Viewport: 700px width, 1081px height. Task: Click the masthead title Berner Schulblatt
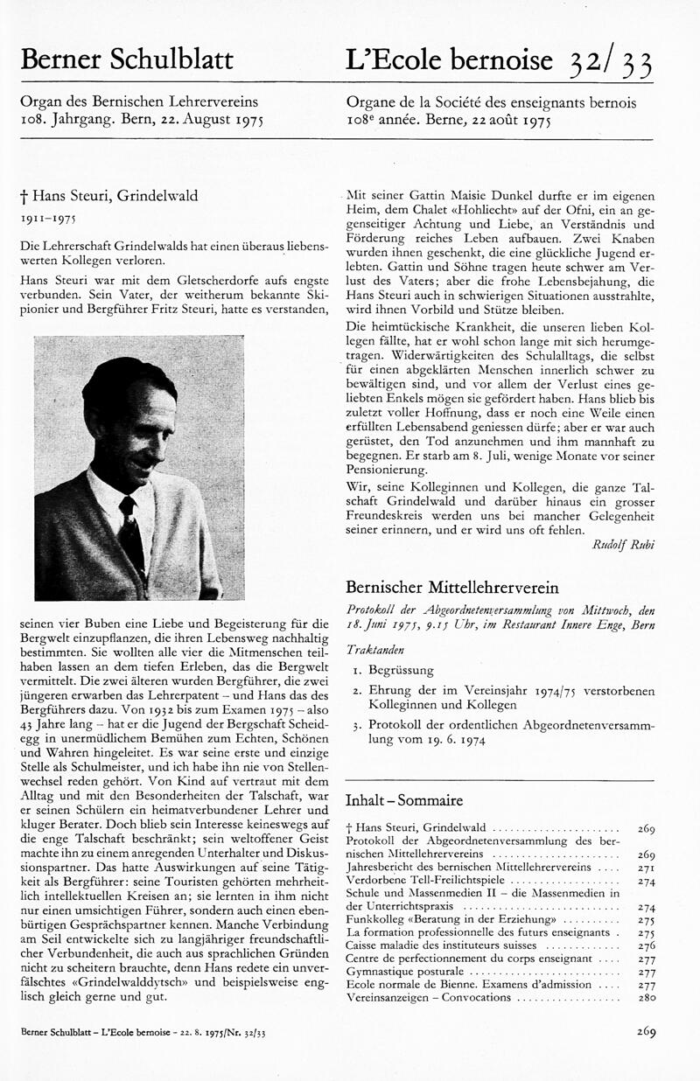(x=127, y=59)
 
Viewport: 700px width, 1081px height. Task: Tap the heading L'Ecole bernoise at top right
(x=449, y=59)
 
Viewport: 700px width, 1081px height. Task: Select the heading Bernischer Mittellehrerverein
(x=451, y=587)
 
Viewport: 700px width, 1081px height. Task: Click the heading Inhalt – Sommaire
(x=404, y=800)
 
